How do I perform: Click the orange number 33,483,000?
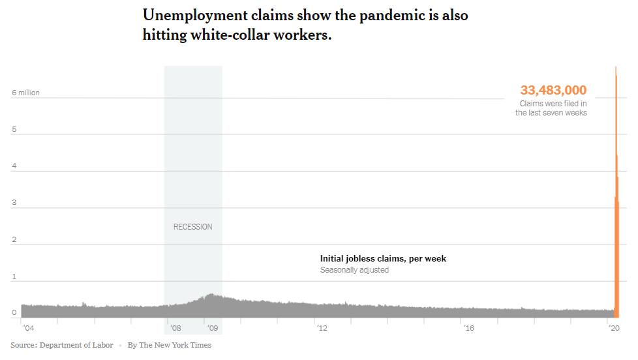pyautogui.click(x=553, y=90)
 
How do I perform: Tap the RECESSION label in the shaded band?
pyautogui.click(x=193, y=227)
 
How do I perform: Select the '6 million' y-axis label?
pyautogui.click(x=25, y=93)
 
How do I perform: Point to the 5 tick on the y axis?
pyautogui.click(x=14, y=129)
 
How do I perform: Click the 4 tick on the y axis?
pyautogui.click(x=14, y=166)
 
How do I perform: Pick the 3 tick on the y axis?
pyautogui.click(x=14, y=203)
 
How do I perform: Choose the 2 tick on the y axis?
pyautogui.click(x=14, y=239)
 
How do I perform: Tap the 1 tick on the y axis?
pyautogui.click(x=14, y=277)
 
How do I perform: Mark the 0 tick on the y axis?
pyautogui.click(x=14, y=313)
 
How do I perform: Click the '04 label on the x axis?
pyautogui.click(x=29, y=328)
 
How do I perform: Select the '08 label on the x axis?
pyautogui.click(x=175, y=328)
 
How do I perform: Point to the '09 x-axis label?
pyautogui.click(x=213, y=328)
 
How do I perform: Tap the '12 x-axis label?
pyautogui.click(x=322, y=328)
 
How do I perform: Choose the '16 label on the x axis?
pyautogui.click(x=469, y=328)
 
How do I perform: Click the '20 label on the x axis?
pyautogui.click(x=614, y=328)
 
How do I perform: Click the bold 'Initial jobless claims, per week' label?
pyautogui.click(x=384, y=259)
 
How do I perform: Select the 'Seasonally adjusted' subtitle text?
pyautogui.click(x=354, y=270)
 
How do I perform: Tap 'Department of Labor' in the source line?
pyautogui.click(x=76, y=346)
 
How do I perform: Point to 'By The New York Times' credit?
pyautogui.click(x=170, y=346)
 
